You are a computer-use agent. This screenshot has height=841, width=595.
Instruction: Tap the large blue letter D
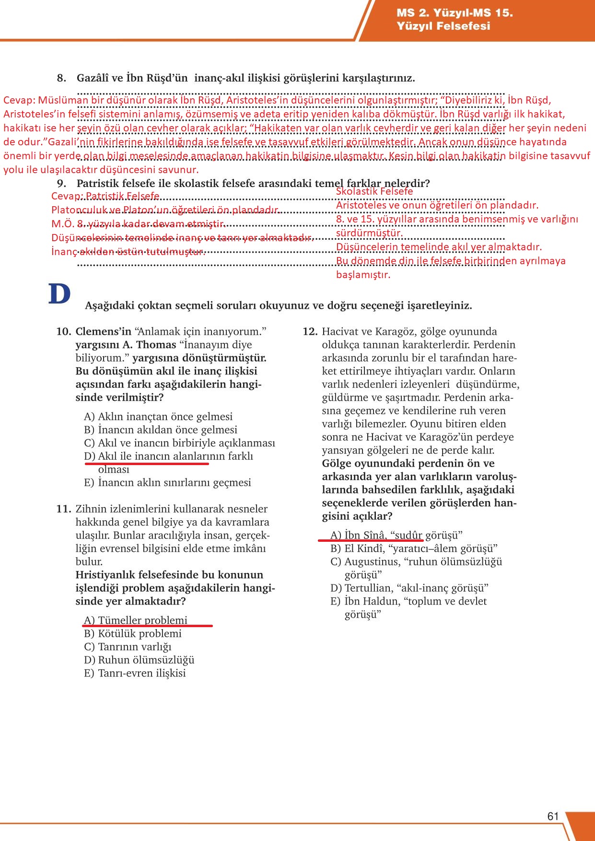pos(59,294)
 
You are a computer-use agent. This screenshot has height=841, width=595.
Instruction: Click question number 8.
pos(61,78)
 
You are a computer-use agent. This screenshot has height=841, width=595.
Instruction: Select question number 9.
pos(61,183)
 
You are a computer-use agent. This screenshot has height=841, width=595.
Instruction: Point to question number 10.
pos(64,331)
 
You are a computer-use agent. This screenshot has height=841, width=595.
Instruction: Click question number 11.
pos(64,509)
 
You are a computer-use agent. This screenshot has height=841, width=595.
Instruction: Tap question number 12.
pos(310,331)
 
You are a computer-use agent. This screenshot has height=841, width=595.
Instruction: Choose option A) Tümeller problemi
pos(136,620)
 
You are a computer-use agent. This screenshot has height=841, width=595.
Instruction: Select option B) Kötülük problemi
pos(133,633)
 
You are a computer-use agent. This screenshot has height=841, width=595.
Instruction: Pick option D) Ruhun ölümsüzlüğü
pos(139,660)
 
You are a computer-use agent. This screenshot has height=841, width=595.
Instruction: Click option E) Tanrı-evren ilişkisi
pos(135,673)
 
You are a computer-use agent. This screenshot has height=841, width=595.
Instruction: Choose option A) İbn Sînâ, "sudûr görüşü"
pos(396,535)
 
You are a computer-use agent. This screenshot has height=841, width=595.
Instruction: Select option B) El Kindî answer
pos(414,549)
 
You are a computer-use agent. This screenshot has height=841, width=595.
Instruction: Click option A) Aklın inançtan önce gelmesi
pos(158,417)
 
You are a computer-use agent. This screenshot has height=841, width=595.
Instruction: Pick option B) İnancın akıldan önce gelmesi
pos(161,430)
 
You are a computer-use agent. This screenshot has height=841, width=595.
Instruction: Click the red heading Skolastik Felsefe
pos(374,191)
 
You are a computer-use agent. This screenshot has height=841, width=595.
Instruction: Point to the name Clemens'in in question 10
pos(103,331)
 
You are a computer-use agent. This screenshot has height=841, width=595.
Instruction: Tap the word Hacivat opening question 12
pos(339,331)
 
